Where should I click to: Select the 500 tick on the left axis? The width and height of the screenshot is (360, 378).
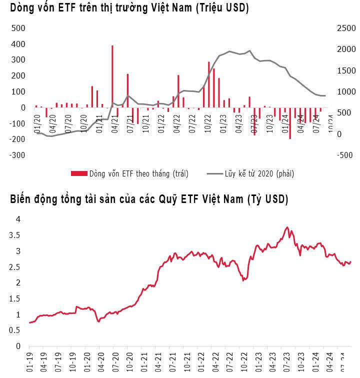pos(18,28)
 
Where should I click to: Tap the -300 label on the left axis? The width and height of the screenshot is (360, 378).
pos(17,155)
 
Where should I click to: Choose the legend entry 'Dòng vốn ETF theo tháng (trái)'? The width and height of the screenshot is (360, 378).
pos(130,173)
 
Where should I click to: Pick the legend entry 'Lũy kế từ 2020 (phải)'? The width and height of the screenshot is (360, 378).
pos(250,173)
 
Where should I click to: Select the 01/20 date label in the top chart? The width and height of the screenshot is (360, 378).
pos(37,123)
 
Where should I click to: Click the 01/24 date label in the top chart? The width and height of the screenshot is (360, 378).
pos(285,123)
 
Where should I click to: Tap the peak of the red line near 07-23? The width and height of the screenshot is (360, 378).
pos(287,227)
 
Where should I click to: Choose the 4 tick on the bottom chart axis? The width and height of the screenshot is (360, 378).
pos(18,219)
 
